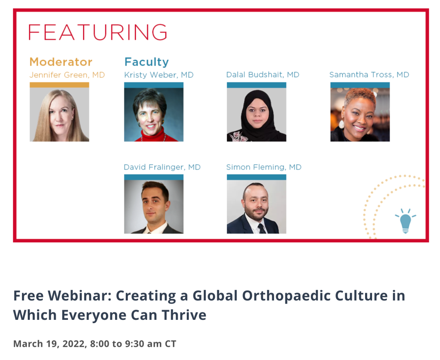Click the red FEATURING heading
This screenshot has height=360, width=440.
98,32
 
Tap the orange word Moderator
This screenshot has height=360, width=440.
61,62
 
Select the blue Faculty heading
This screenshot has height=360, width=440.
147,62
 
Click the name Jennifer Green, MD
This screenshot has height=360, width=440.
67,75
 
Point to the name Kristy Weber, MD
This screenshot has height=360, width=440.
159,75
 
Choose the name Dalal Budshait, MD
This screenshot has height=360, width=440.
263,74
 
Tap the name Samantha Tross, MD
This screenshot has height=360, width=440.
369,74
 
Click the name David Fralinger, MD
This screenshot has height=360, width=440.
162,167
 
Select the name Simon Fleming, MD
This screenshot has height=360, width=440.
264,167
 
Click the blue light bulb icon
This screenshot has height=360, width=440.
406,221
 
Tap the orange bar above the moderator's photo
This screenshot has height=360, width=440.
59,85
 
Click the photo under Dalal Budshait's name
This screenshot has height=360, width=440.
257,115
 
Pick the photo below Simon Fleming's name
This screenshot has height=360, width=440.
257,207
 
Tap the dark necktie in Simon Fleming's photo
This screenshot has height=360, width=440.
262,229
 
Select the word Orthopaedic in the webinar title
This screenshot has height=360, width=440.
286,296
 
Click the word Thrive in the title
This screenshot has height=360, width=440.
184,315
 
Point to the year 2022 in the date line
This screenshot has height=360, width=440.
74,344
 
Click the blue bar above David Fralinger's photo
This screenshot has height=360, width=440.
154,177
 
